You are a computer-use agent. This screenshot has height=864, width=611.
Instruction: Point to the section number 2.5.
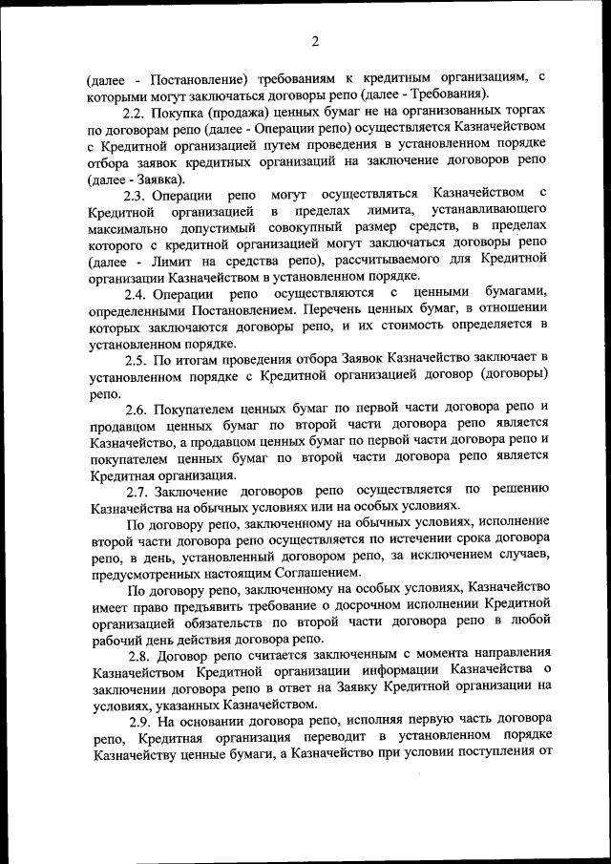[x=137, y=359]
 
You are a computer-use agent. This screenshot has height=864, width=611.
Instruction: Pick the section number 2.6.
[x=138, y=408]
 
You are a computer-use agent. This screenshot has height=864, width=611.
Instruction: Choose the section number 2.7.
[x=138, y=491]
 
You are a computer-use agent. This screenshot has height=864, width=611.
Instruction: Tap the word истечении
[x=428, y=539]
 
